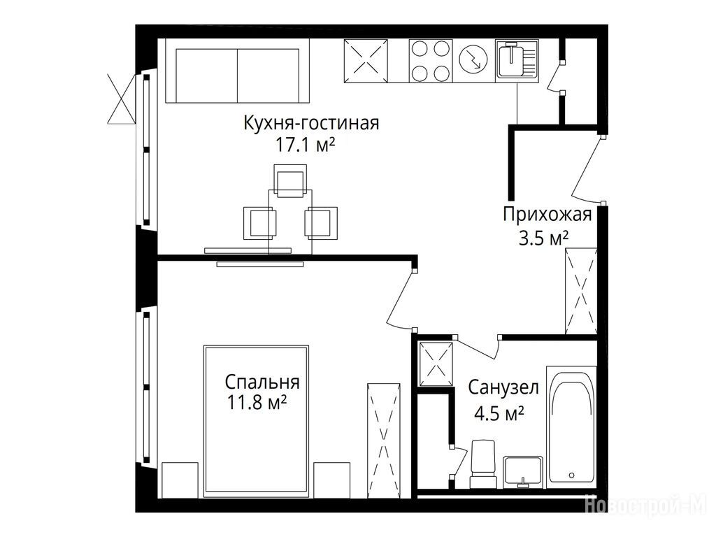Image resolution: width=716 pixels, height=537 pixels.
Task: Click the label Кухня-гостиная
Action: tap(311, 123)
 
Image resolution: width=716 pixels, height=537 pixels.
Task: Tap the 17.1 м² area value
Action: tap(305, 145)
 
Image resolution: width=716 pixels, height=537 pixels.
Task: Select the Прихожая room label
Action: tap(547, 215)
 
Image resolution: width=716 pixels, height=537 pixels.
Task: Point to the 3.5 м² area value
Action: tap(543, 238)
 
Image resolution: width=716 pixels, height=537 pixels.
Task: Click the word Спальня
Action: tap(262, 382)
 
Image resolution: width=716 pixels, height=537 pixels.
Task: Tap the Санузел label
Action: tap(503, 387)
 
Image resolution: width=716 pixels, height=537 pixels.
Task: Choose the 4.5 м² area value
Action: tap(499, 414)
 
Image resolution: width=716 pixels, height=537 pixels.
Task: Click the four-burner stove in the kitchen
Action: tap(430, 61)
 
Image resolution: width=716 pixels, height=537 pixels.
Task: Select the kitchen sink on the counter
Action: tap(517, 60)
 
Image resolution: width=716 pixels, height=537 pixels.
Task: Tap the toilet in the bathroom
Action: tap(483, 464)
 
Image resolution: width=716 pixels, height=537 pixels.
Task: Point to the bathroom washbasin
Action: tap(523, 472)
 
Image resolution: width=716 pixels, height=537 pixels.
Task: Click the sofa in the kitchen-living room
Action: tap(238, 71)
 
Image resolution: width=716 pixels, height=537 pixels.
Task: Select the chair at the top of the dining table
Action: tap(290, 181)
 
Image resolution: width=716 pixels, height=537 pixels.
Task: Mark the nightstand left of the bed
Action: tap(180, 480)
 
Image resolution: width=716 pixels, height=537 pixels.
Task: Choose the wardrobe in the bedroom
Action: tap(384, 441)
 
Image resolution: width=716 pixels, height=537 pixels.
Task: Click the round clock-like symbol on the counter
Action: tap(473, 60)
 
